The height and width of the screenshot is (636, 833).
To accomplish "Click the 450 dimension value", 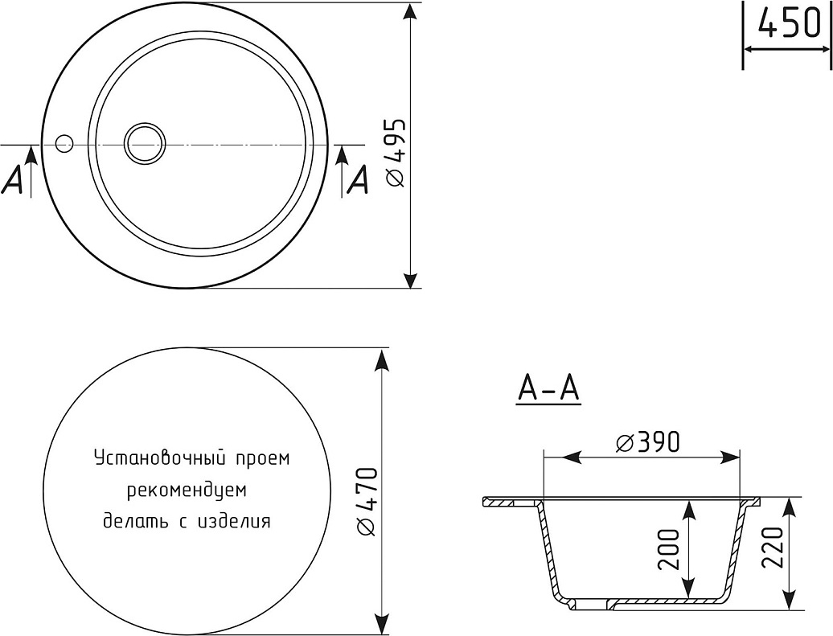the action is pos(790,23).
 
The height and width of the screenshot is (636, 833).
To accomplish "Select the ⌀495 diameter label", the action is pos(396,153).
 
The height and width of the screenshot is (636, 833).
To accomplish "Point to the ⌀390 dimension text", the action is pos(648,442).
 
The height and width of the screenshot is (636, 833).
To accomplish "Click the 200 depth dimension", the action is pos(669,550).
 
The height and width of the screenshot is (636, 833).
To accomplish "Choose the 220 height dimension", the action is pos(773,548).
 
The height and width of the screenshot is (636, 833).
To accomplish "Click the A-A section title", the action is pos(548,389).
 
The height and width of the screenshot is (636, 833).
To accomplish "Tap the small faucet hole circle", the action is pos(64,143).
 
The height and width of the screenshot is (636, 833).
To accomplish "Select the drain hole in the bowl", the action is pos(145,143).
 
